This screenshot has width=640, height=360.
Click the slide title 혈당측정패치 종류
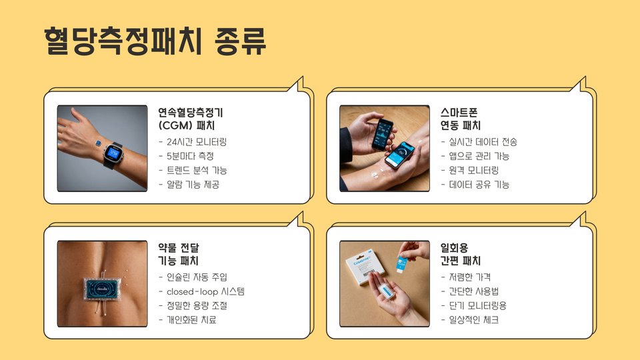(155, 41)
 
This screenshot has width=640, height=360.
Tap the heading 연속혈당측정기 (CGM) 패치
(191, 119)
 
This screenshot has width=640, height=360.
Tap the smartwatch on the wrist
(113, 154)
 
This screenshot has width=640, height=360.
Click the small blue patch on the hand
(98, 143)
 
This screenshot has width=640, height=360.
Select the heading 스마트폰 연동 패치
(461, 119)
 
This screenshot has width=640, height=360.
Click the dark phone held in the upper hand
(383, 134)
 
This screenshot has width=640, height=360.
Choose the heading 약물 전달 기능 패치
(179, 254)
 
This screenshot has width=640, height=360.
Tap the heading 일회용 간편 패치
(461, 254)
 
